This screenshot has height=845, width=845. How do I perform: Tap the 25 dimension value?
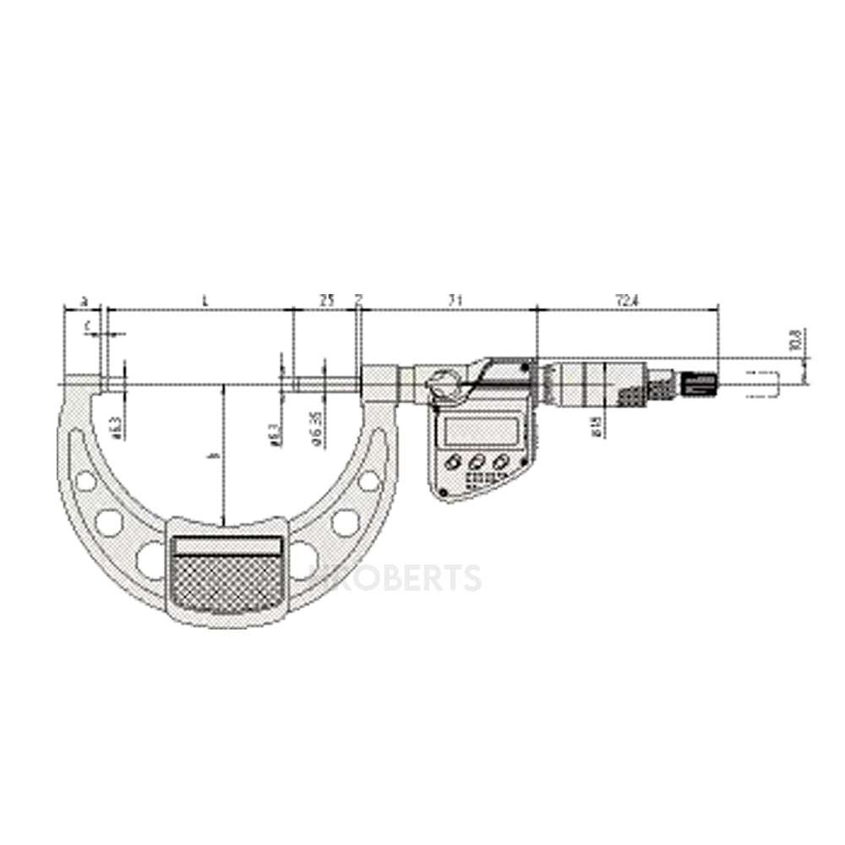coord(325,301)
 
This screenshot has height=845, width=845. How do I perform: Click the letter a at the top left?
coord(83,301)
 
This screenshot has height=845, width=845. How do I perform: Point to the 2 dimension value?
coord(359,301)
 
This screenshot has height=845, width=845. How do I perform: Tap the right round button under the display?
coord(503,461)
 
